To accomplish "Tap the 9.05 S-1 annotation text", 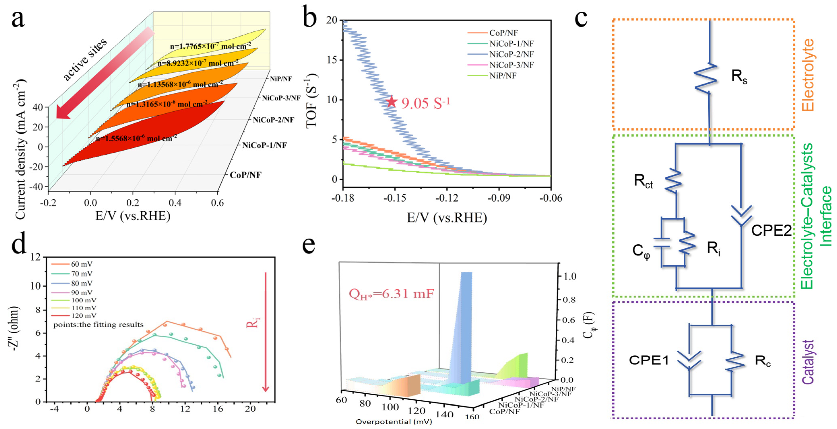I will click(426, 103).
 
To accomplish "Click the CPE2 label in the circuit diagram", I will click(771, 230).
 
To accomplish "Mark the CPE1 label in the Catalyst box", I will click(649, 360).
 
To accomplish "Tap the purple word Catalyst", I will click(808, 362).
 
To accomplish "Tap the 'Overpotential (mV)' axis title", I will click(394, 422).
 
